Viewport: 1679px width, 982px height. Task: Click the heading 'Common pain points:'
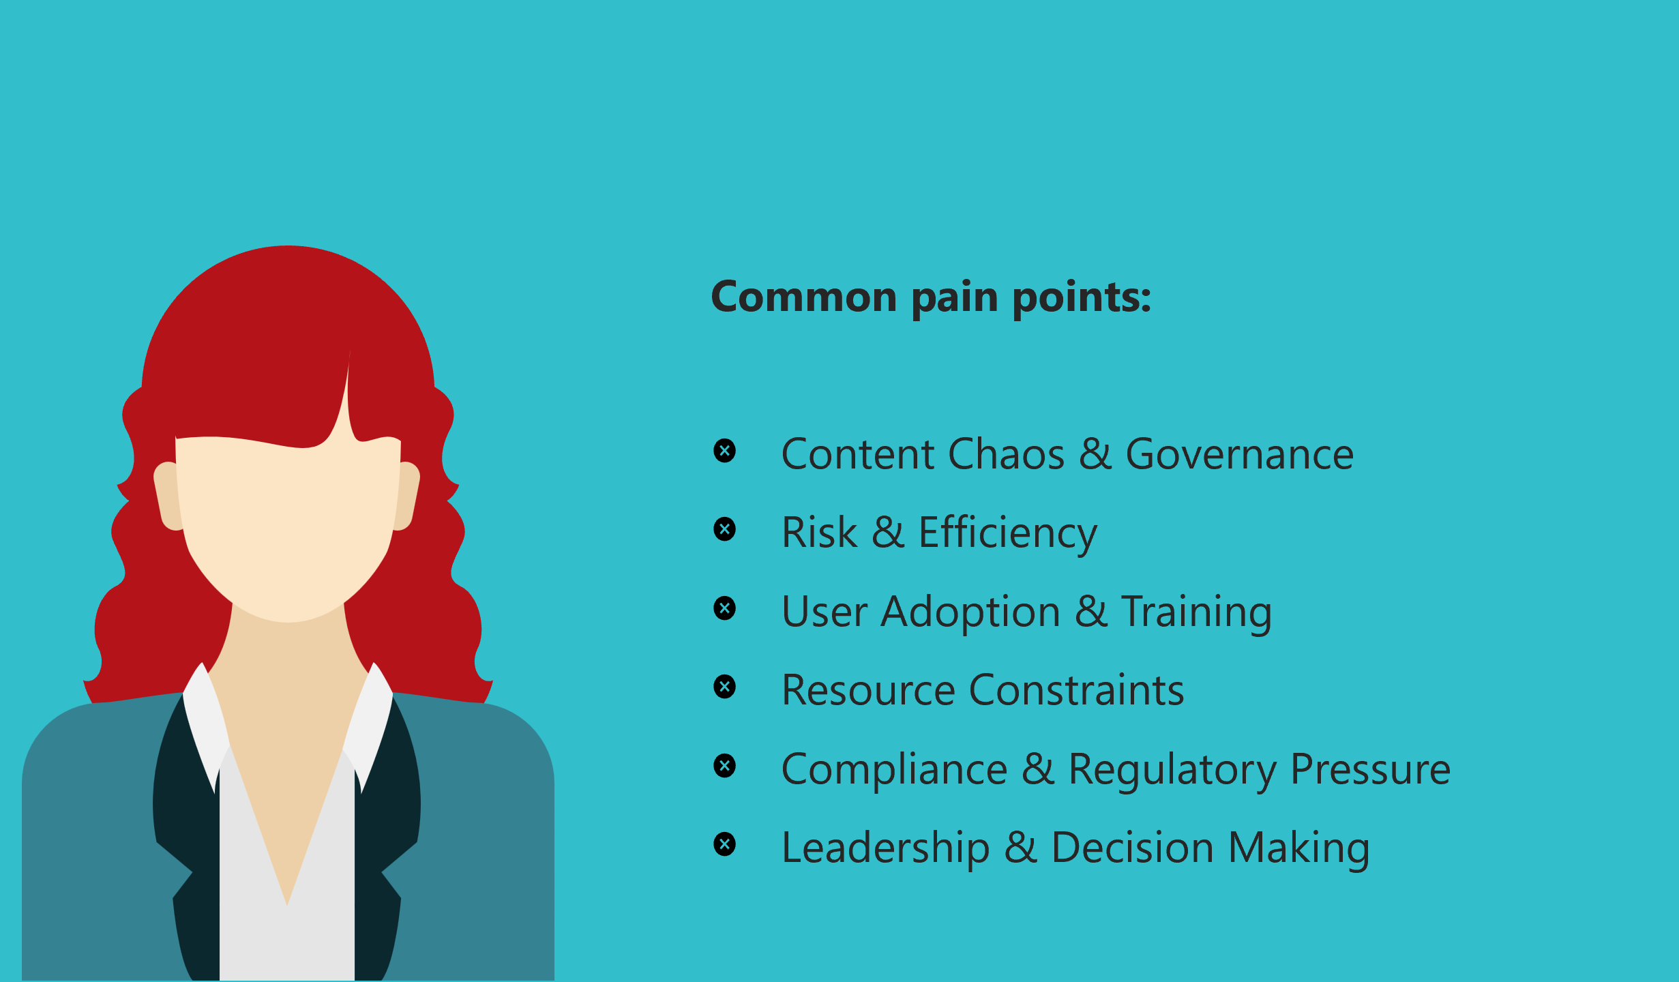(931, 298)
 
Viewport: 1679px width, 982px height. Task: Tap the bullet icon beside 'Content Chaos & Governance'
(725, 451)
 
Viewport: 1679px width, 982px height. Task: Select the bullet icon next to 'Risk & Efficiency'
(725, 529)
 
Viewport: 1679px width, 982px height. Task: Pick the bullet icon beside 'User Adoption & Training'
(725, 608)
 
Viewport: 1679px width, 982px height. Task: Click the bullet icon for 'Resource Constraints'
(725, 687)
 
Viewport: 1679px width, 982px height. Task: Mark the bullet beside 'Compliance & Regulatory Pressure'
(725, 766)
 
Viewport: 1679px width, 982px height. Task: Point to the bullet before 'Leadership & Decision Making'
(725, 844)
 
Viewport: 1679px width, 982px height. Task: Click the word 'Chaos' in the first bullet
(1006, 454)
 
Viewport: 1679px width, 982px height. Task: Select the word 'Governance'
(1240, 454)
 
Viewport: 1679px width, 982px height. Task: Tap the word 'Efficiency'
(1008, 533)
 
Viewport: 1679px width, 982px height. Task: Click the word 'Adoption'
(970, 612)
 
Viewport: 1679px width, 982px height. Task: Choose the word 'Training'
(1197, 612)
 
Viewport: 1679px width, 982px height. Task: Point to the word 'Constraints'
(1077, 690)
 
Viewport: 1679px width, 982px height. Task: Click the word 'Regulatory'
(1172, 770)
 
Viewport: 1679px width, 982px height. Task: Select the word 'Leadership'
(885, 848)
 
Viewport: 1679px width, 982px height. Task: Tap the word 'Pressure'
(1371, 769)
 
